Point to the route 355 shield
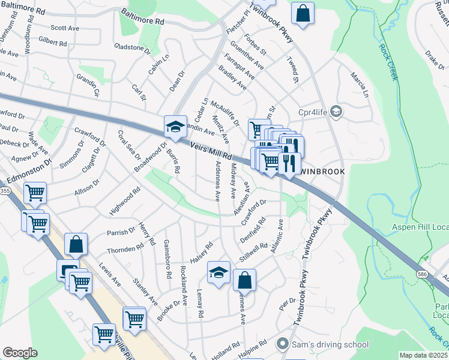click(x=5, y=191)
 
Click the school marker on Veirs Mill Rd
click(x=175, y=126)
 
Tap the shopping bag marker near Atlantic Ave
click(x=244, y=280)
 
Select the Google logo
click(x=20, y=353)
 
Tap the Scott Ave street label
click(x=65, y=28)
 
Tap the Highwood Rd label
click(x=125, y=201)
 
